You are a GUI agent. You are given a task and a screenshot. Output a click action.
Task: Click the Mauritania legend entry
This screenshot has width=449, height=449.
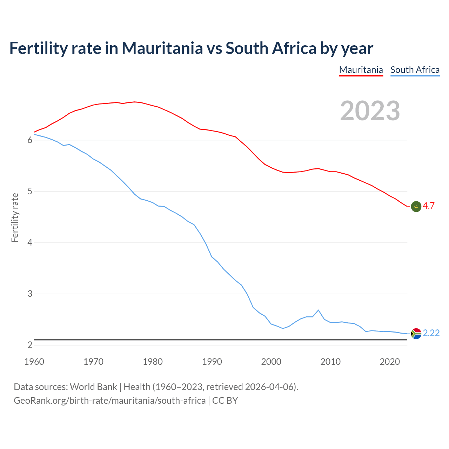click(361, 70)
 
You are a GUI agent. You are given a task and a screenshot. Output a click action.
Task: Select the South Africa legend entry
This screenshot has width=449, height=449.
click(415, 70)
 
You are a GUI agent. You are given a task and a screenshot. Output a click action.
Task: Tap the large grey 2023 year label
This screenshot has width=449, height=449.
click(370, 111)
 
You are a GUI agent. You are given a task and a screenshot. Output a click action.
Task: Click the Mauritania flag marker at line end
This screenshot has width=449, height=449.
click(416, 207)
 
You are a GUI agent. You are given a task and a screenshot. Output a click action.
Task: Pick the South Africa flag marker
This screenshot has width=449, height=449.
click(416, 333)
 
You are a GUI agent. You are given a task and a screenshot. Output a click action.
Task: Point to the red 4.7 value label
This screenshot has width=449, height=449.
click(429, 206)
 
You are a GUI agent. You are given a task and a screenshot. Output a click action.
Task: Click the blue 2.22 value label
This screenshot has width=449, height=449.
click(431, 333)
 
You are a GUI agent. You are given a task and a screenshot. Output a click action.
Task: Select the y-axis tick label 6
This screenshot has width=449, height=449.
click(30, 140)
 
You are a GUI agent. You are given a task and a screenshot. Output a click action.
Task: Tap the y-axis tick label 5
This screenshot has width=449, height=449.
click(30, 192)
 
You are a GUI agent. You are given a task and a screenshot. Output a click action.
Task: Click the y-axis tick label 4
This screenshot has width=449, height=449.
click(30, 243)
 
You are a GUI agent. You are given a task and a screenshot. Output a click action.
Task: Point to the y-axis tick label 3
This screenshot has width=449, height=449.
click(30, 294)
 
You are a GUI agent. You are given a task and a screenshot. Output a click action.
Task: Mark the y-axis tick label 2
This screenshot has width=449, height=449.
click(30, 345)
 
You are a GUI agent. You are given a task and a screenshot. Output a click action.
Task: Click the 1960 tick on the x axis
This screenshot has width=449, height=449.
click(34, 362)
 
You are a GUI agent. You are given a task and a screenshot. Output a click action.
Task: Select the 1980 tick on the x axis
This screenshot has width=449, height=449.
click(153, 362)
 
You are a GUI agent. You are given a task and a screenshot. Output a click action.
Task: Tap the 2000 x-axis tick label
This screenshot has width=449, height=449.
click(271, 362)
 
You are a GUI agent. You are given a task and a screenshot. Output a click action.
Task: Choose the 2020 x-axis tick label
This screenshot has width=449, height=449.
click(390, 362)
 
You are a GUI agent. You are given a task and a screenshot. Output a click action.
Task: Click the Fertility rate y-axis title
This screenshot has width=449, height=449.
click(15, 217)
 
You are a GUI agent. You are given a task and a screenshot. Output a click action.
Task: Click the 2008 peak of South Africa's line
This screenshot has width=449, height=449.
click(318, 310)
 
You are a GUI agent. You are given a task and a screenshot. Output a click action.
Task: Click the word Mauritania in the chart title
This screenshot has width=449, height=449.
click(162, 48)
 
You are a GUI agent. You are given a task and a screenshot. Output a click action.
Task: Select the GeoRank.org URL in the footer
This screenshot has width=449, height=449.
click(109, 401)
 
